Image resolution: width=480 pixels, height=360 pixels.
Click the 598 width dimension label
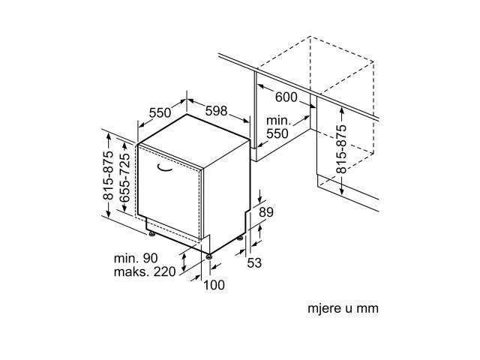(x=216, y=111)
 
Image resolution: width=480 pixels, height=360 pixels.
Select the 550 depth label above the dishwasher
(x=160, y=112)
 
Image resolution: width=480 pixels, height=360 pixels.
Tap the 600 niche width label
(x=286, y=97)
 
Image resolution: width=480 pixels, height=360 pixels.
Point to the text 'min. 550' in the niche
(x=278, y=127)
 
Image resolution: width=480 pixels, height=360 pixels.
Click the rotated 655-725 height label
(x=124, y=178)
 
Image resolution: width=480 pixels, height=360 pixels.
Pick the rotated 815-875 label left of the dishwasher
(x=108, y=175)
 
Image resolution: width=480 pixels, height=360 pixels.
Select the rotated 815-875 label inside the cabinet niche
(x=342, y=149)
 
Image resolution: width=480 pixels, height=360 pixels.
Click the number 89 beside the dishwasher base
(x=266, y=211)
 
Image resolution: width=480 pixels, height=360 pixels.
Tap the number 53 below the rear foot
(x=254, y=263)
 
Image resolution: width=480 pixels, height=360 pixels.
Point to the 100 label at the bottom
(x=214, y=285)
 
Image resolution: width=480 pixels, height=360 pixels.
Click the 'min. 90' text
(x=136, y=258)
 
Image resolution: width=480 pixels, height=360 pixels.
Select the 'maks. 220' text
(x=145, y=271)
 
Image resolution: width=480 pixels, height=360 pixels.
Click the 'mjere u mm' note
(x=343, y=308)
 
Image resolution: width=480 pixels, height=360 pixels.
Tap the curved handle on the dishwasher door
(x=164, y=169)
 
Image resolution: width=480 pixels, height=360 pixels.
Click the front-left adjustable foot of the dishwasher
(x=151, y=234)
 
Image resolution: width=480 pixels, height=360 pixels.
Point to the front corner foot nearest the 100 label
(x=209, y=256)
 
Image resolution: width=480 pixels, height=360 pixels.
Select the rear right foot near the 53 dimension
(x=240, y=238)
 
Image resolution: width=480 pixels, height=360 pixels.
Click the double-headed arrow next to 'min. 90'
(x=184, y=262)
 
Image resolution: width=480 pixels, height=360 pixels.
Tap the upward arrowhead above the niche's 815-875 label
(x=342, y=110)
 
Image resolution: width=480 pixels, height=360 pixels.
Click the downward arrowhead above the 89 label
(x=260, y=199)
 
